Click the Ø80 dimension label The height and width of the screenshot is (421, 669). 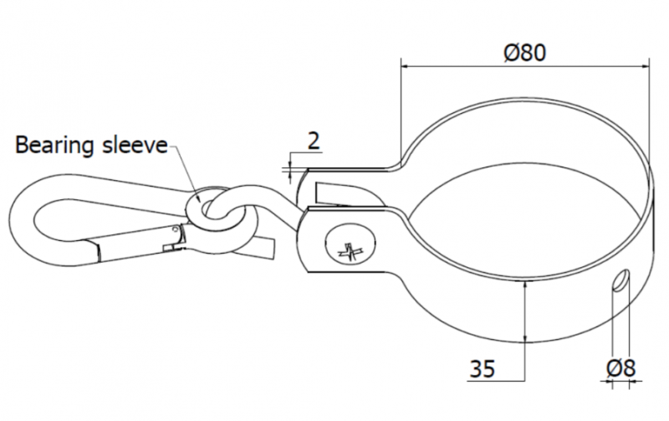pyautogui.click(x=524, y=53)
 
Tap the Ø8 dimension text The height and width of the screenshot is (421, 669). pyautogui.click(x=620, y=368)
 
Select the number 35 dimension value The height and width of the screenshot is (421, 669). pyautogui.click(x=483, y=369)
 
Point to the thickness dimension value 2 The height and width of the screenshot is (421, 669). pyautogui.click(x=314, y=141)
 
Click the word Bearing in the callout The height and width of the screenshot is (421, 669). pyautogui.click(x=54, y=146)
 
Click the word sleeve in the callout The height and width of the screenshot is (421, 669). pyautogui.click(x=135, y=145)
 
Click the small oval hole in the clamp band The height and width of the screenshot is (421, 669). pyautogui.click(x=620, y=280)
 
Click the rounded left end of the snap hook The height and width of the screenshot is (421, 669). pyautogui.click(x=22, y=220)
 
